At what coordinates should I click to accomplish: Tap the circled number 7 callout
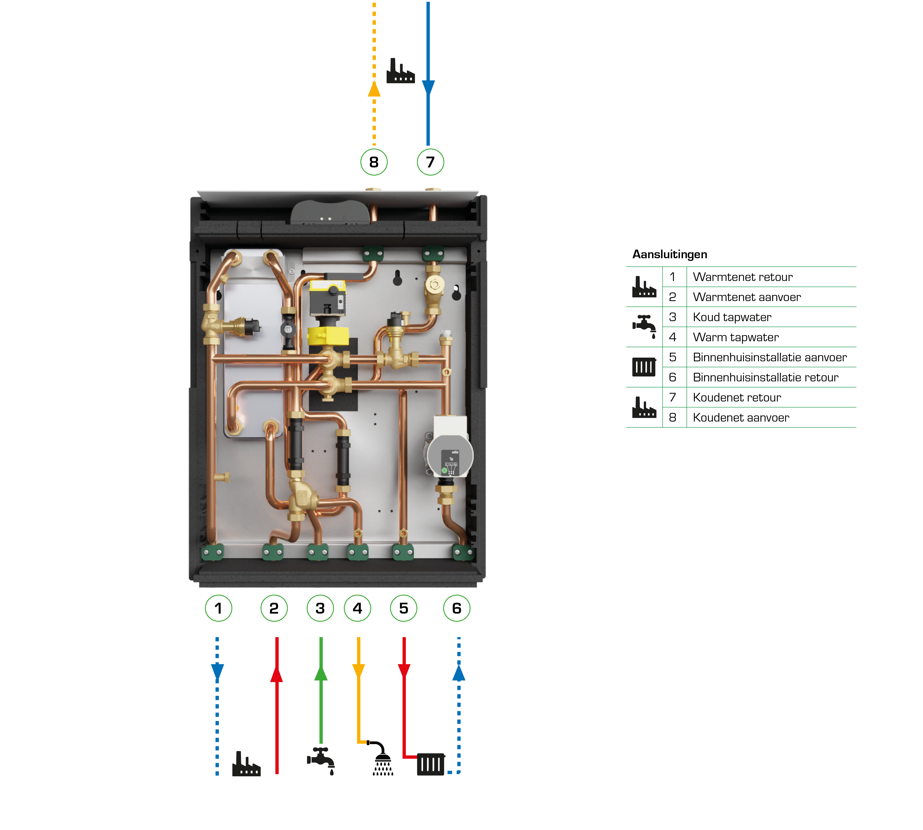pyautogui.click(x=430, y=162)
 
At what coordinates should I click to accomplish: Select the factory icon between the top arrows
pyautogui.click(x=400, y=72)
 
